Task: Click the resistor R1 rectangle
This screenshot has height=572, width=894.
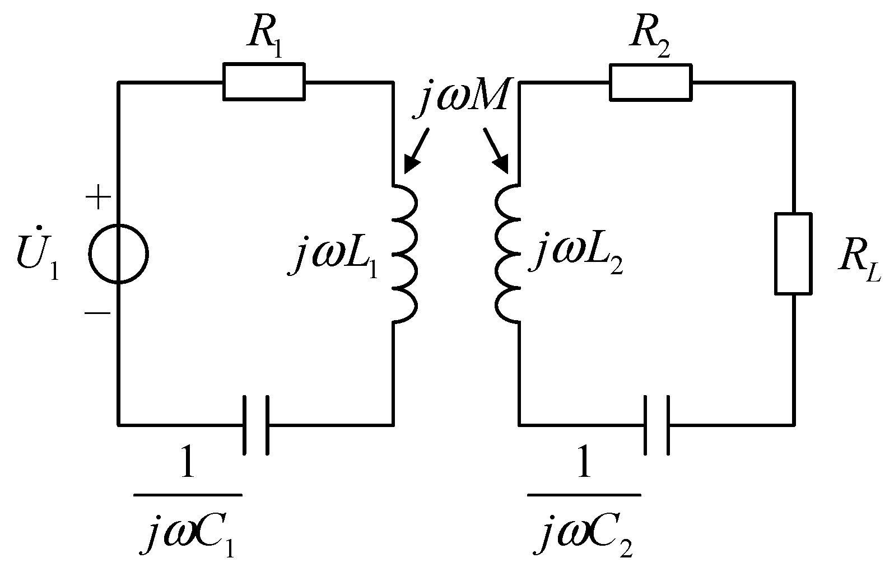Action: pos(264,82)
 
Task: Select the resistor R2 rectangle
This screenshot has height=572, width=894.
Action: pos(650,82)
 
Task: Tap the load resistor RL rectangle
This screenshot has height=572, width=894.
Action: pos(793,254)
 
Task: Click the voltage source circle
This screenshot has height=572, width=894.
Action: pos(119,253)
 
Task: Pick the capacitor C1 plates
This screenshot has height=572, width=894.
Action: pos(256,425)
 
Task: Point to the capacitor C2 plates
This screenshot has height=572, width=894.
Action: pos(656,425)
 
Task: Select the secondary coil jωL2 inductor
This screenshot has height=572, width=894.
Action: pos(507,254)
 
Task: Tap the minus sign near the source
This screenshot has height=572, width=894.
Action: pos(97,313)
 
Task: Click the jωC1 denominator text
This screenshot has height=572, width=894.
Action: pos(188,535)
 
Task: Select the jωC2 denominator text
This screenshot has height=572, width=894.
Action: pos(586,535)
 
